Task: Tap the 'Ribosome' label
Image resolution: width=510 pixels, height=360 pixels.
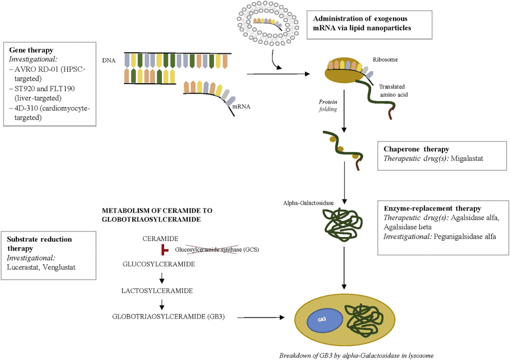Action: point(384,59)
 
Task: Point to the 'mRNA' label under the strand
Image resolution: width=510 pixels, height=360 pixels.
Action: point(242,106)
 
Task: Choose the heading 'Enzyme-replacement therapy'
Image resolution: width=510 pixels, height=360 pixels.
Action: point(433,208)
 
